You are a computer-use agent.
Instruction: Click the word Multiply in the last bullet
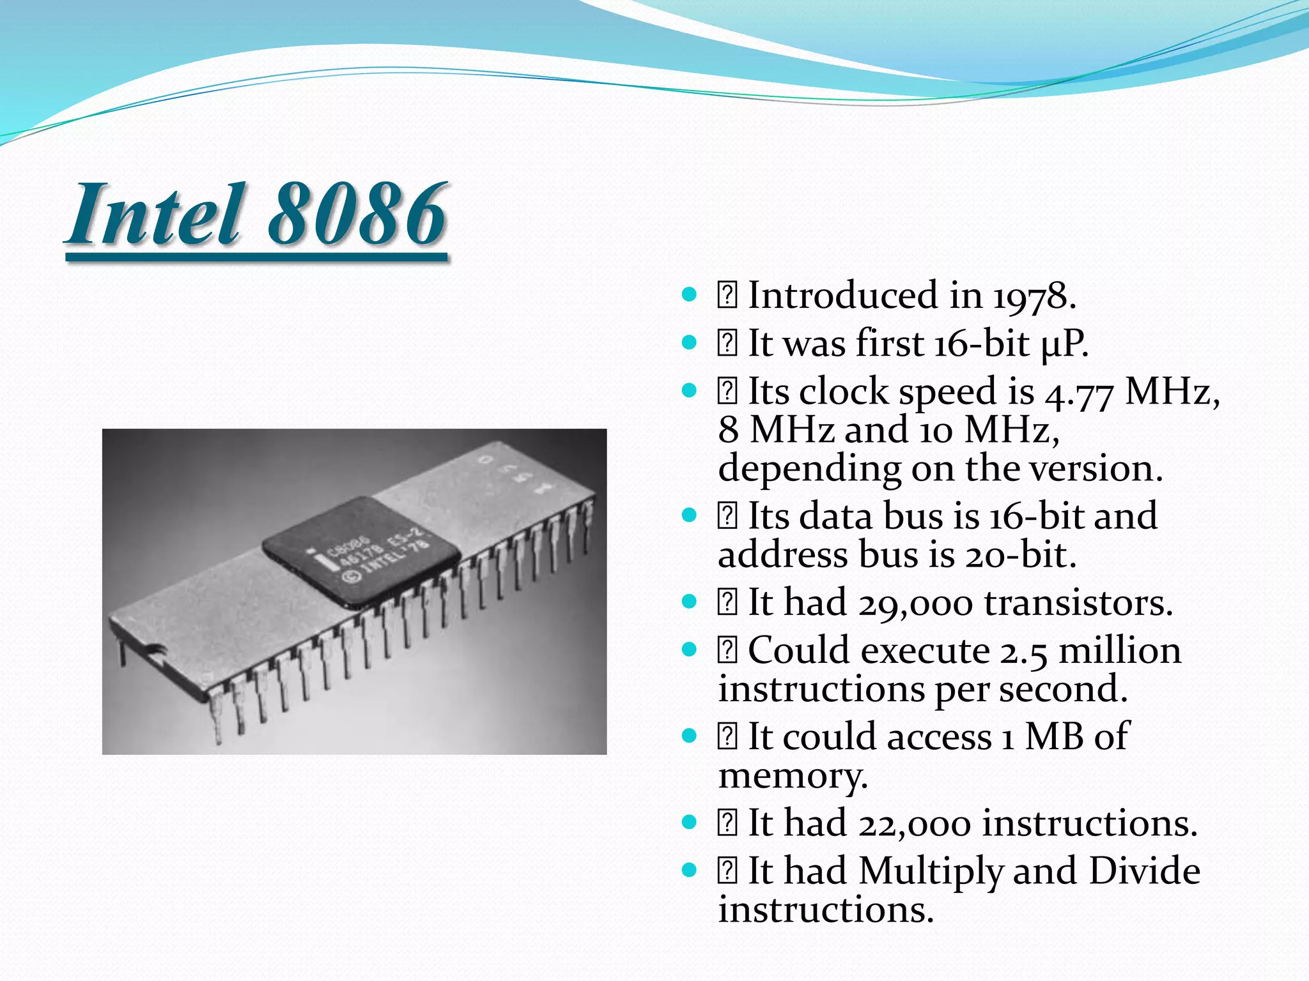click(931, 872)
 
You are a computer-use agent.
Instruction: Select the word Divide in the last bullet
click(1144, 871)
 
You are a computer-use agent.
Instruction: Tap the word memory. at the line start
click(793, 777)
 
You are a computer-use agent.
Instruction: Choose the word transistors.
click(1078, 604)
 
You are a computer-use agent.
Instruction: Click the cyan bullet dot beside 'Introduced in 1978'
click(689, 295)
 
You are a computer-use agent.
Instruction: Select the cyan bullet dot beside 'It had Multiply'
click(689, 870)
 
